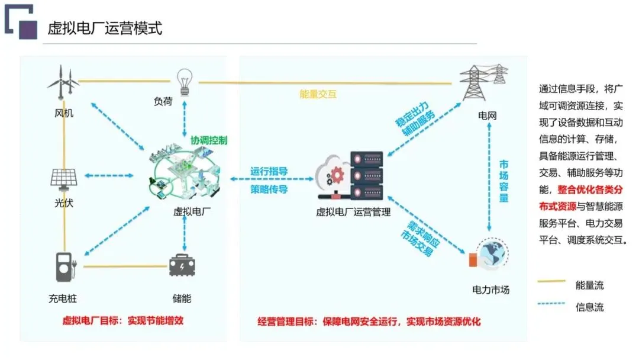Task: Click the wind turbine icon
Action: pyautogui.click(x=63, y=82)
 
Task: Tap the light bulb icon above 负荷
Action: pyautogui.click(x=184, y=82)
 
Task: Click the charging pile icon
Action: pyautogui.click(x=65, y=267)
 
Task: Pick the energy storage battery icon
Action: pyautogui.click(x=182, y=265)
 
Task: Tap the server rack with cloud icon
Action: pyautogui.click(x=350, y=176)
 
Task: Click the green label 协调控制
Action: pyautogui.click(x=209, y=140)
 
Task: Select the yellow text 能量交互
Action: pyautogui.click(x=318, y=94)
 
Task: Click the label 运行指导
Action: pyautogui.click(x=269, y=171)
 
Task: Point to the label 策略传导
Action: pyautogui.click(x=269, y=189)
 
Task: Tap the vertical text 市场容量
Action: pyautogui.click(x=504, y=181)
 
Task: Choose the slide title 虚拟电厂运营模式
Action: pyautogui.click(x=105, y=28)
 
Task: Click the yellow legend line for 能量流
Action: pyautogui.click(x=551, y=281)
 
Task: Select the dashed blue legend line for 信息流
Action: pyautogui.click(x=551, y=304)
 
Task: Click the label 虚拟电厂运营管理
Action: pyautogui.click(x=353, y=212)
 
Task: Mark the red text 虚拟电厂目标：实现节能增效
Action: pyautogui.click(x=122, y=320)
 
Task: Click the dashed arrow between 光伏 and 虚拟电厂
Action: pyautogui.click(x=109, y=176)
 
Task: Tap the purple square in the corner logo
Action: pyautogui.click(x=28, y=30)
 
